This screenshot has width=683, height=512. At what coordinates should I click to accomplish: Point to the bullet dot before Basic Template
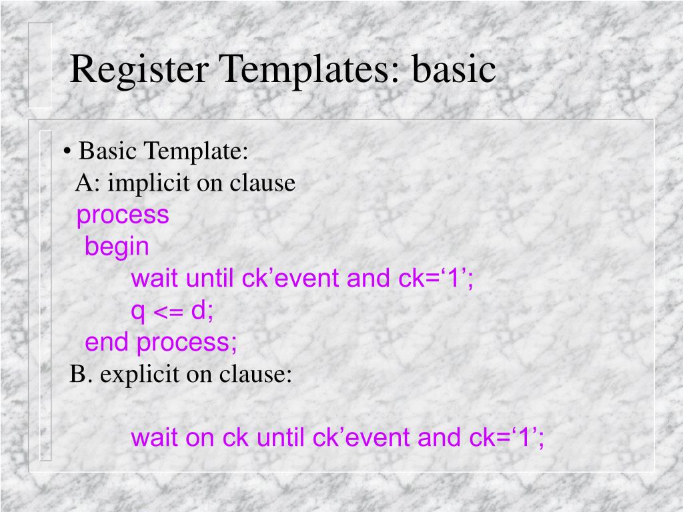(x=68, y=152)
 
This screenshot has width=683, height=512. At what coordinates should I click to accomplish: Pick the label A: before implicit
(x=87, y=183)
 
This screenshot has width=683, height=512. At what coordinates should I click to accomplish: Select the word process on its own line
(x=123, y=215)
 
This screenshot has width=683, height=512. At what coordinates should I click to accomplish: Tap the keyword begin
(x=117, y=247)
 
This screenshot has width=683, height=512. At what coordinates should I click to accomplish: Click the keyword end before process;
(x=107, y=343)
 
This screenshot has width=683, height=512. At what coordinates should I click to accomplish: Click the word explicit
(x=140, y=375)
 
